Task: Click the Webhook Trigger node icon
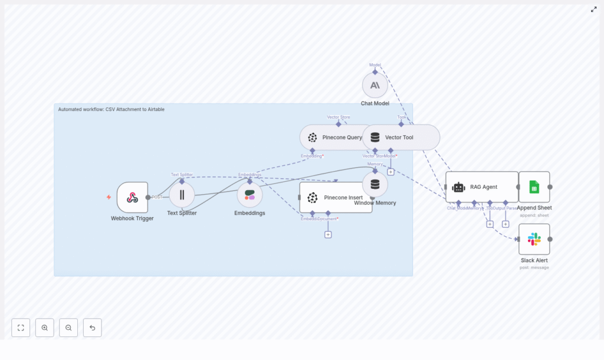tap(132, 197)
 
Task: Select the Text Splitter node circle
tap(182, 195)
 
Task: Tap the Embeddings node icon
tap(250, 195)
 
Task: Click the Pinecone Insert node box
tap(336, 197)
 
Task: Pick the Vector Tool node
tap(401, 137)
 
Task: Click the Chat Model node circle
tap(375, 85)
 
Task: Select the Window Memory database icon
tap(375, 184)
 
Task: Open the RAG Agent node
tap(481, 186)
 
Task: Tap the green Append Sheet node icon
tap(534, 187)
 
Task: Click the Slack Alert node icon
tap(534, 239)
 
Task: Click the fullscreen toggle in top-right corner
tap(594, 9)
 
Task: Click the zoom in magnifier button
tap(45, 328)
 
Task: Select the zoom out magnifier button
tap(68, 328)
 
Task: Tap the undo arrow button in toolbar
tap(92, 328)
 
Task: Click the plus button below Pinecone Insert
tap(328, 234)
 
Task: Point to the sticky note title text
tap(111, 109)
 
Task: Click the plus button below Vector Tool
tap(390, 172)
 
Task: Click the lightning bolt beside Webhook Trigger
tap(109, 197)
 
